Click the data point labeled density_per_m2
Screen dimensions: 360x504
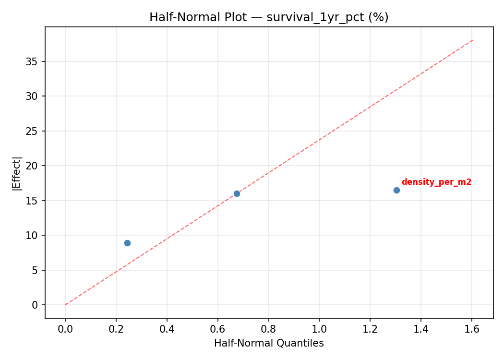[396, 190]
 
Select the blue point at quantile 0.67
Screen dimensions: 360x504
[237, 193]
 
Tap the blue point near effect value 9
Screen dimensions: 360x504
[127, 243]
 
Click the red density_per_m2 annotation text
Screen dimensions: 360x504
[436, 182]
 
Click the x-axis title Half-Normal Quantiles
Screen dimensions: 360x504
[269, 343]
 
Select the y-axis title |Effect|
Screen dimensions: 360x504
[17, 173]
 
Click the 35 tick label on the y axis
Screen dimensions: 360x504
[32, 61]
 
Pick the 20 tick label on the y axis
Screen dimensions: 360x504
[32, 166]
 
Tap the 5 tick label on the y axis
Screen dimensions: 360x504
[35, 270]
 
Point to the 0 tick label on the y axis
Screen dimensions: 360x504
[35, 305]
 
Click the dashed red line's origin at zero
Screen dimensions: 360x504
[65, 305]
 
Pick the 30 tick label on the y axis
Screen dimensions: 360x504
[32, 96]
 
